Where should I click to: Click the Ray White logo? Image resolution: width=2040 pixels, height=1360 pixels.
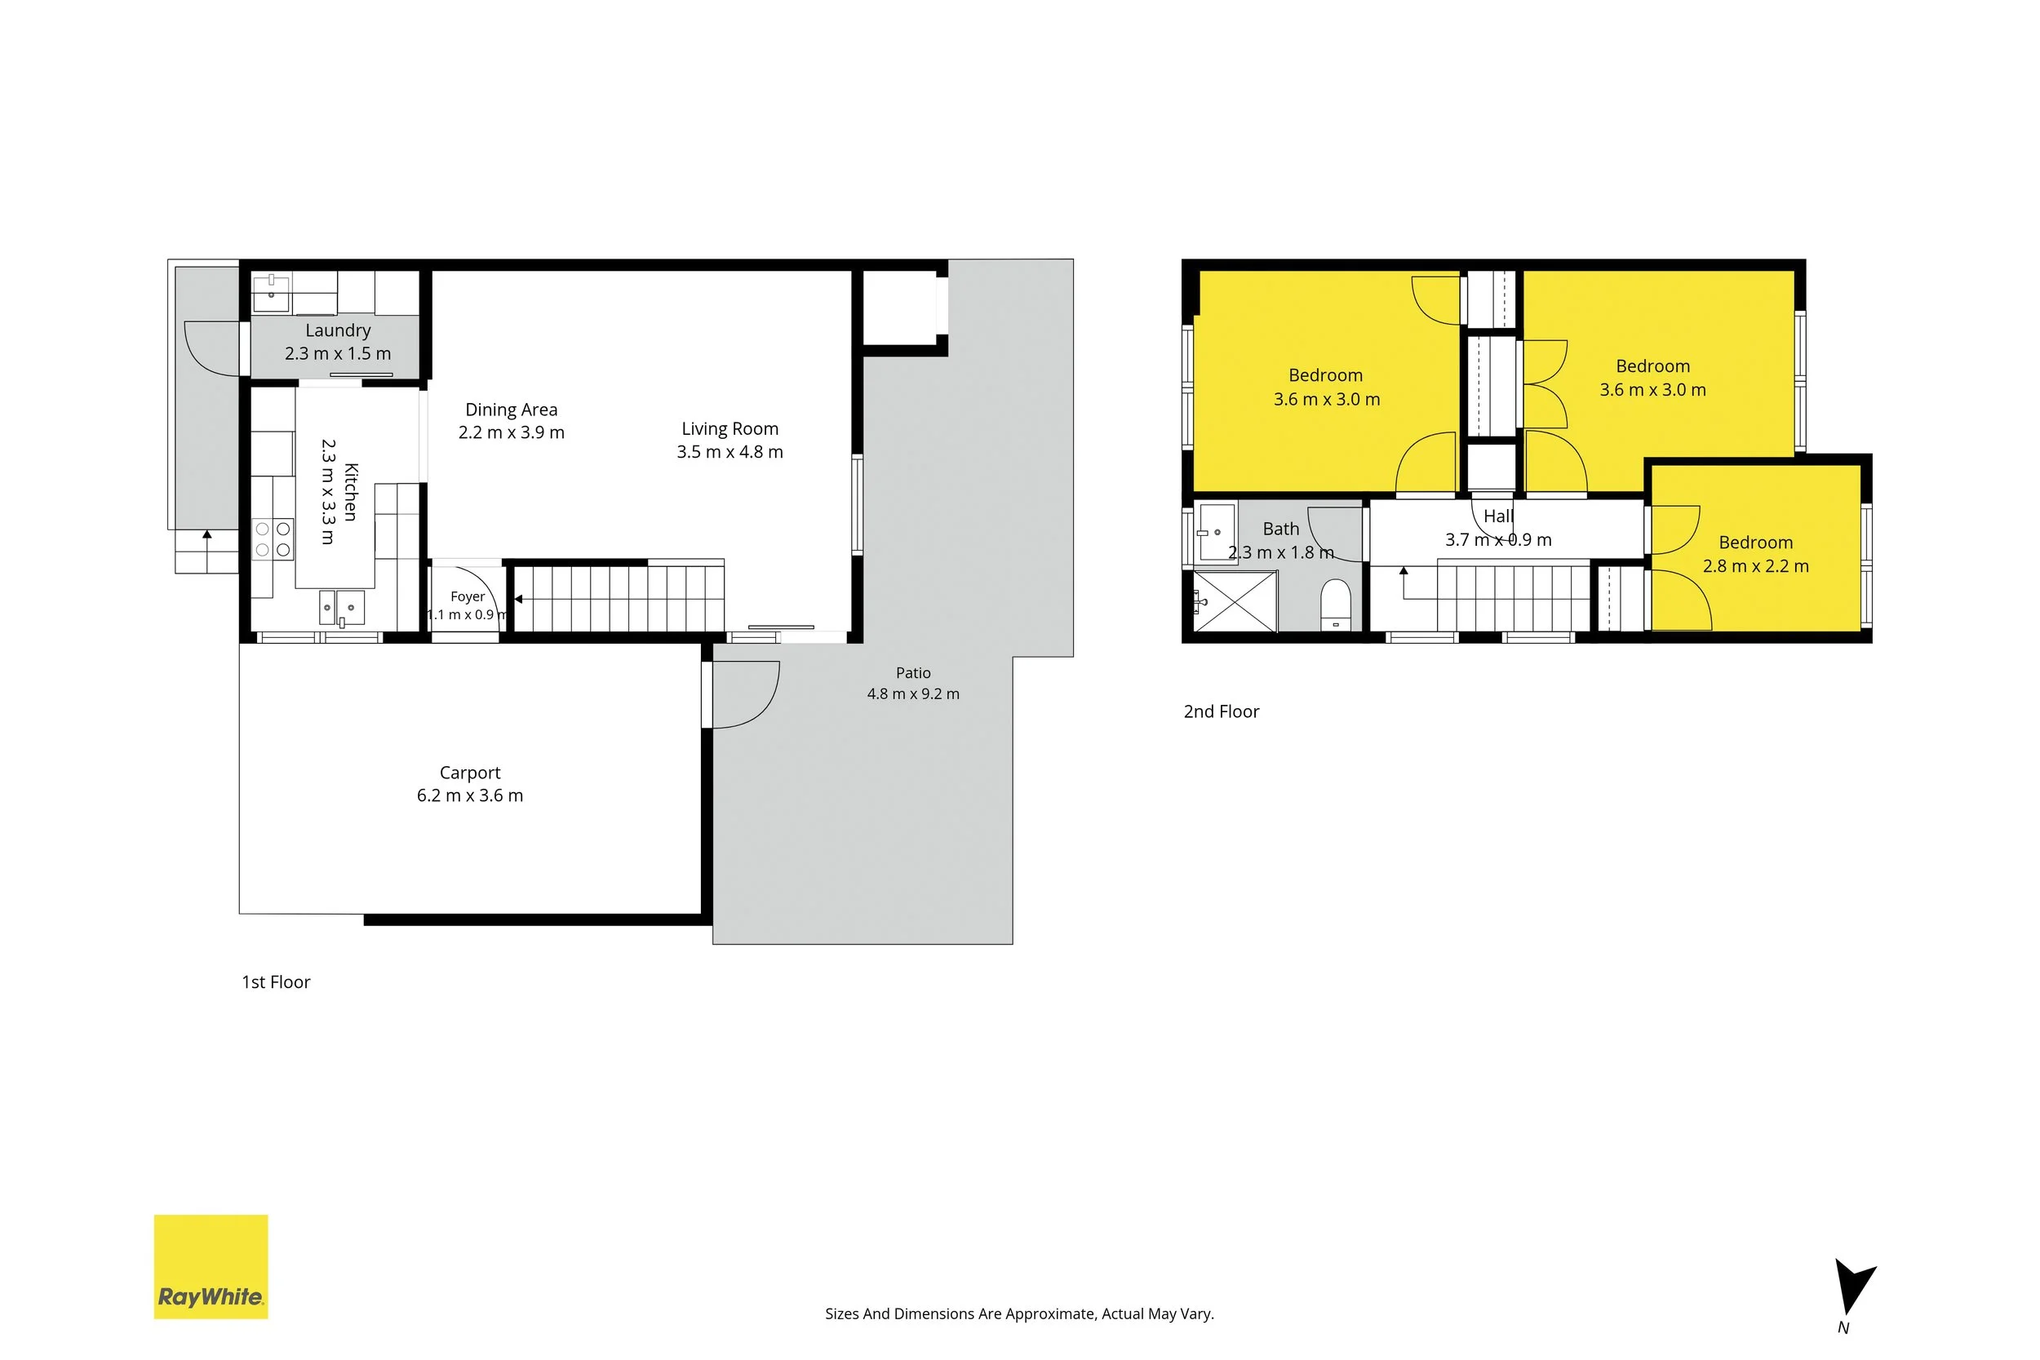click(x=211, y=1266)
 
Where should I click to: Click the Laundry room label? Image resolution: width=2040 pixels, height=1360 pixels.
click(x=339, y=330)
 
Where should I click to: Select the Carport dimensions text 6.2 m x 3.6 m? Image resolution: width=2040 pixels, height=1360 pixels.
click(x=470, y=795)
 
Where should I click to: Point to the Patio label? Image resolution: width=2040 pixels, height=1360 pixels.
click(x=913, y=673)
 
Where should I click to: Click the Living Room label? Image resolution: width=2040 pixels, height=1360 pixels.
click(x=730, y=428)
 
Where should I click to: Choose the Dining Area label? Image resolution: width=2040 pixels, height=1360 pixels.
click(x=512, y=410)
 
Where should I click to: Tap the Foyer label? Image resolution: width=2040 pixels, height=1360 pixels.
click(x=468, y=596)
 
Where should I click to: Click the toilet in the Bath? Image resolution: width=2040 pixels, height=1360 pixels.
click(x=1336, y=604)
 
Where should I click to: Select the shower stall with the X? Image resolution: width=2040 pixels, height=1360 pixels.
click(x=1236, y=601)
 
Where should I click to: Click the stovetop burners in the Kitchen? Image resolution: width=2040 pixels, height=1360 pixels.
click(x=273, y=538)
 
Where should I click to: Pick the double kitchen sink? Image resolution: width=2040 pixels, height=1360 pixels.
click(x=342, y=607)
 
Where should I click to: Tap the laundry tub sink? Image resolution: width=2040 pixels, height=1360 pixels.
click(x=272, y=293)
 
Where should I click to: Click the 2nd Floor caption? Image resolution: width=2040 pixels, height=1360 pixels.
click(x=1222, y=712)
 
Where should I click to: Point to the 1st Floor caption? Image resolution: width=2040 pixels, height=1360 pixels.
click(x=276, y=981)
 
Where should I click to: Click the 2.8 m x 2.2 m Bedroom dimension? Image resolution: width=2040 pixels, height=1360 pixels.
click(x=1756, y=566)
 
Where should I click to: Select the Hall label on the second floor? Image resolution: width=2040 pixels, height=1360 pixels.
click(x=1499, y=516)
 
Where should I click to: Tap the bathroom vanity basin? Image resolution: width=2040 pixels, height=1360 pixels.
click(x=1217, y=533)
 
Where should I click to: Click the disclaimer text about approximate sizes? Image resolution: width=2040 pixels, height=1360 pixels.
click(x=1019, y=1314)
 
